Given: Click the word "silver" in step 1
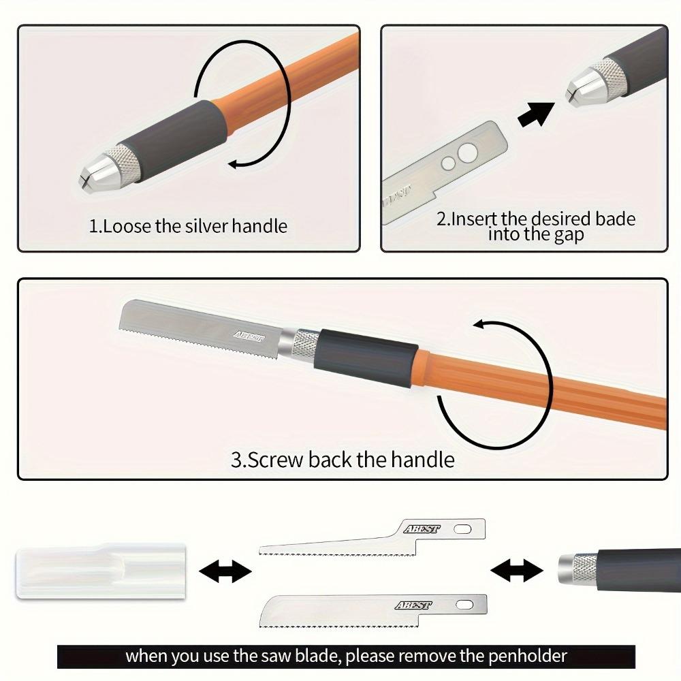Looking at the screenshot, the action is tap(206, 226).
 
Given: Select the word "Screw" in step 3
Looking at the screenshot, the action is tap(275, 460).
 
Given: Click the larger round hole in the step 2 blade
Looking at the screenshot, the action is tap(468, 153).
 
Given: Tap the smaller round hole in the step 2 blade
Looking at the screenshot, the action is tap(448, 163).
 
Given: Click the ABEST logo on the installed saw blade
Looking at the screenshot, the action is tap(249, 336).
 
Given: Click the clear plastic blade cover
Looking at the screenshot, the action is tap(101, 571).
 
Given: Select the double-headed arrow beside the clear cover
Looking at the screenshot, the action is tap(225, 571).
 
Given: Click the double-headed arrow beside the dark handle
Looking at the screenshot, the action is tap(516, 570).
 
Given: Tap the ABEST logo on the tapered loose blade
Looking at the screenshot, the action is tap(422, 529).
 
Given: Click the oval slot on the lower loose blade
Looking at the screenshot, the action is tap(464, 605).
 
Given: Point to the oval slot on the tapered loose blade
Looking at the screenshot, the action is tap(462, 529).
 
